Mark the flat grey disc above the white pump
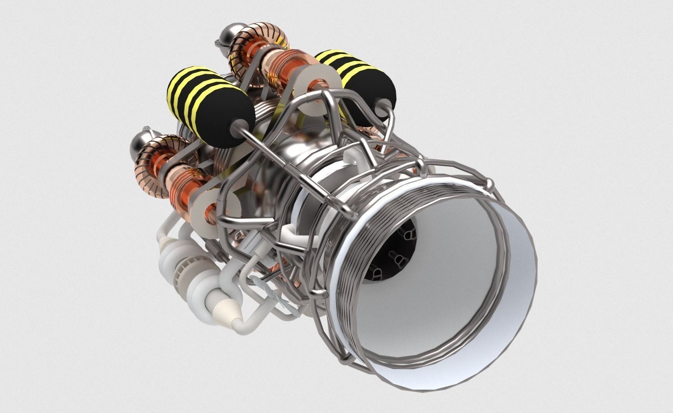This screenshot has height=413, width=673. (211, 211)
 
